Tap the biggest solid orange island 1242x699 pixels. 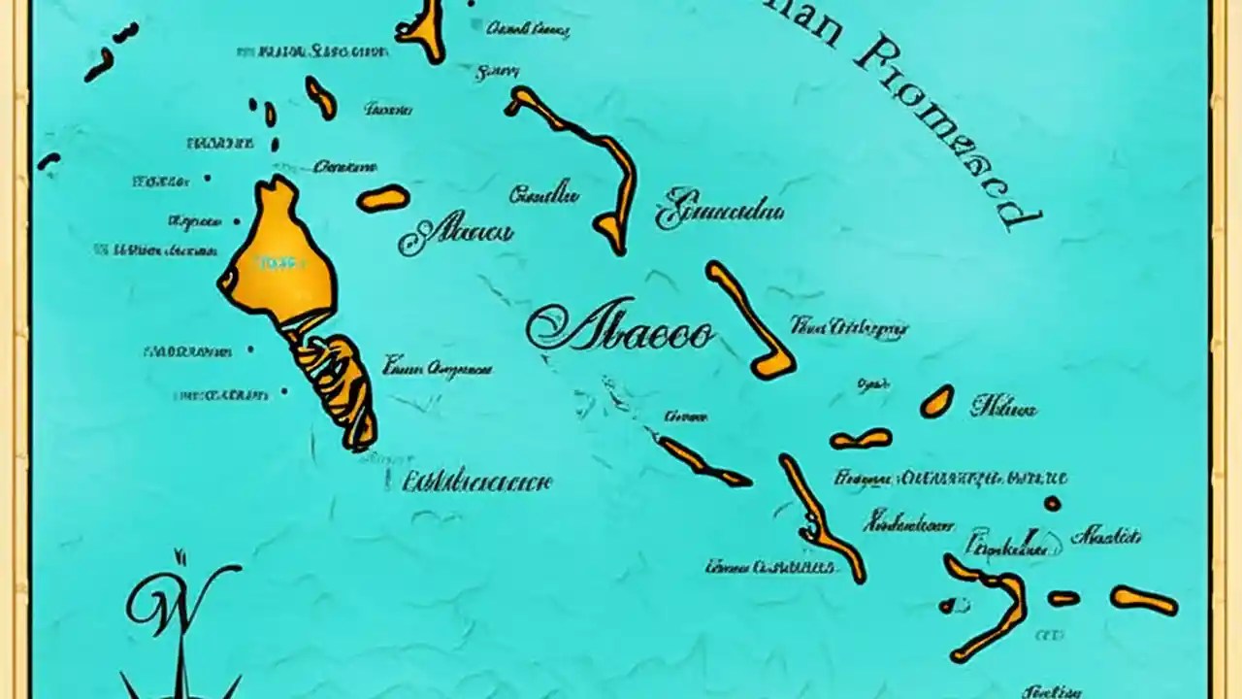coord(279,254)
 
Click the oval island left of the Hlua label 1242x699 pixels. coord(936,401)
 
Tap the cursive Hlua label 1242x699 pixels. coord(1003,408)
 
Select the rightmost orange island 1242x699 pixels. coord(1144,600)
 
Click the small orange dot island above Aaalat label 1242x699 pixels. coord(1052,503)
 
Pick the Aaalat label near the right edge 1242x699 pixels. coord(1106,535)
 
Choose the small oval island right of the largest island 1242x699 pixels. coord(382,198)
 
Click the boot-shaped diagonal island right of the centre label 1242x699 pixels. coord(751,320)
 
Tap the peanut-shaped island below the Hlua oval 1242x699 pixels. coord(861,440)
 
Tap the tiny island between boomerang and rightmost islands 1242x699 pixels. coord(1063,598)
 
